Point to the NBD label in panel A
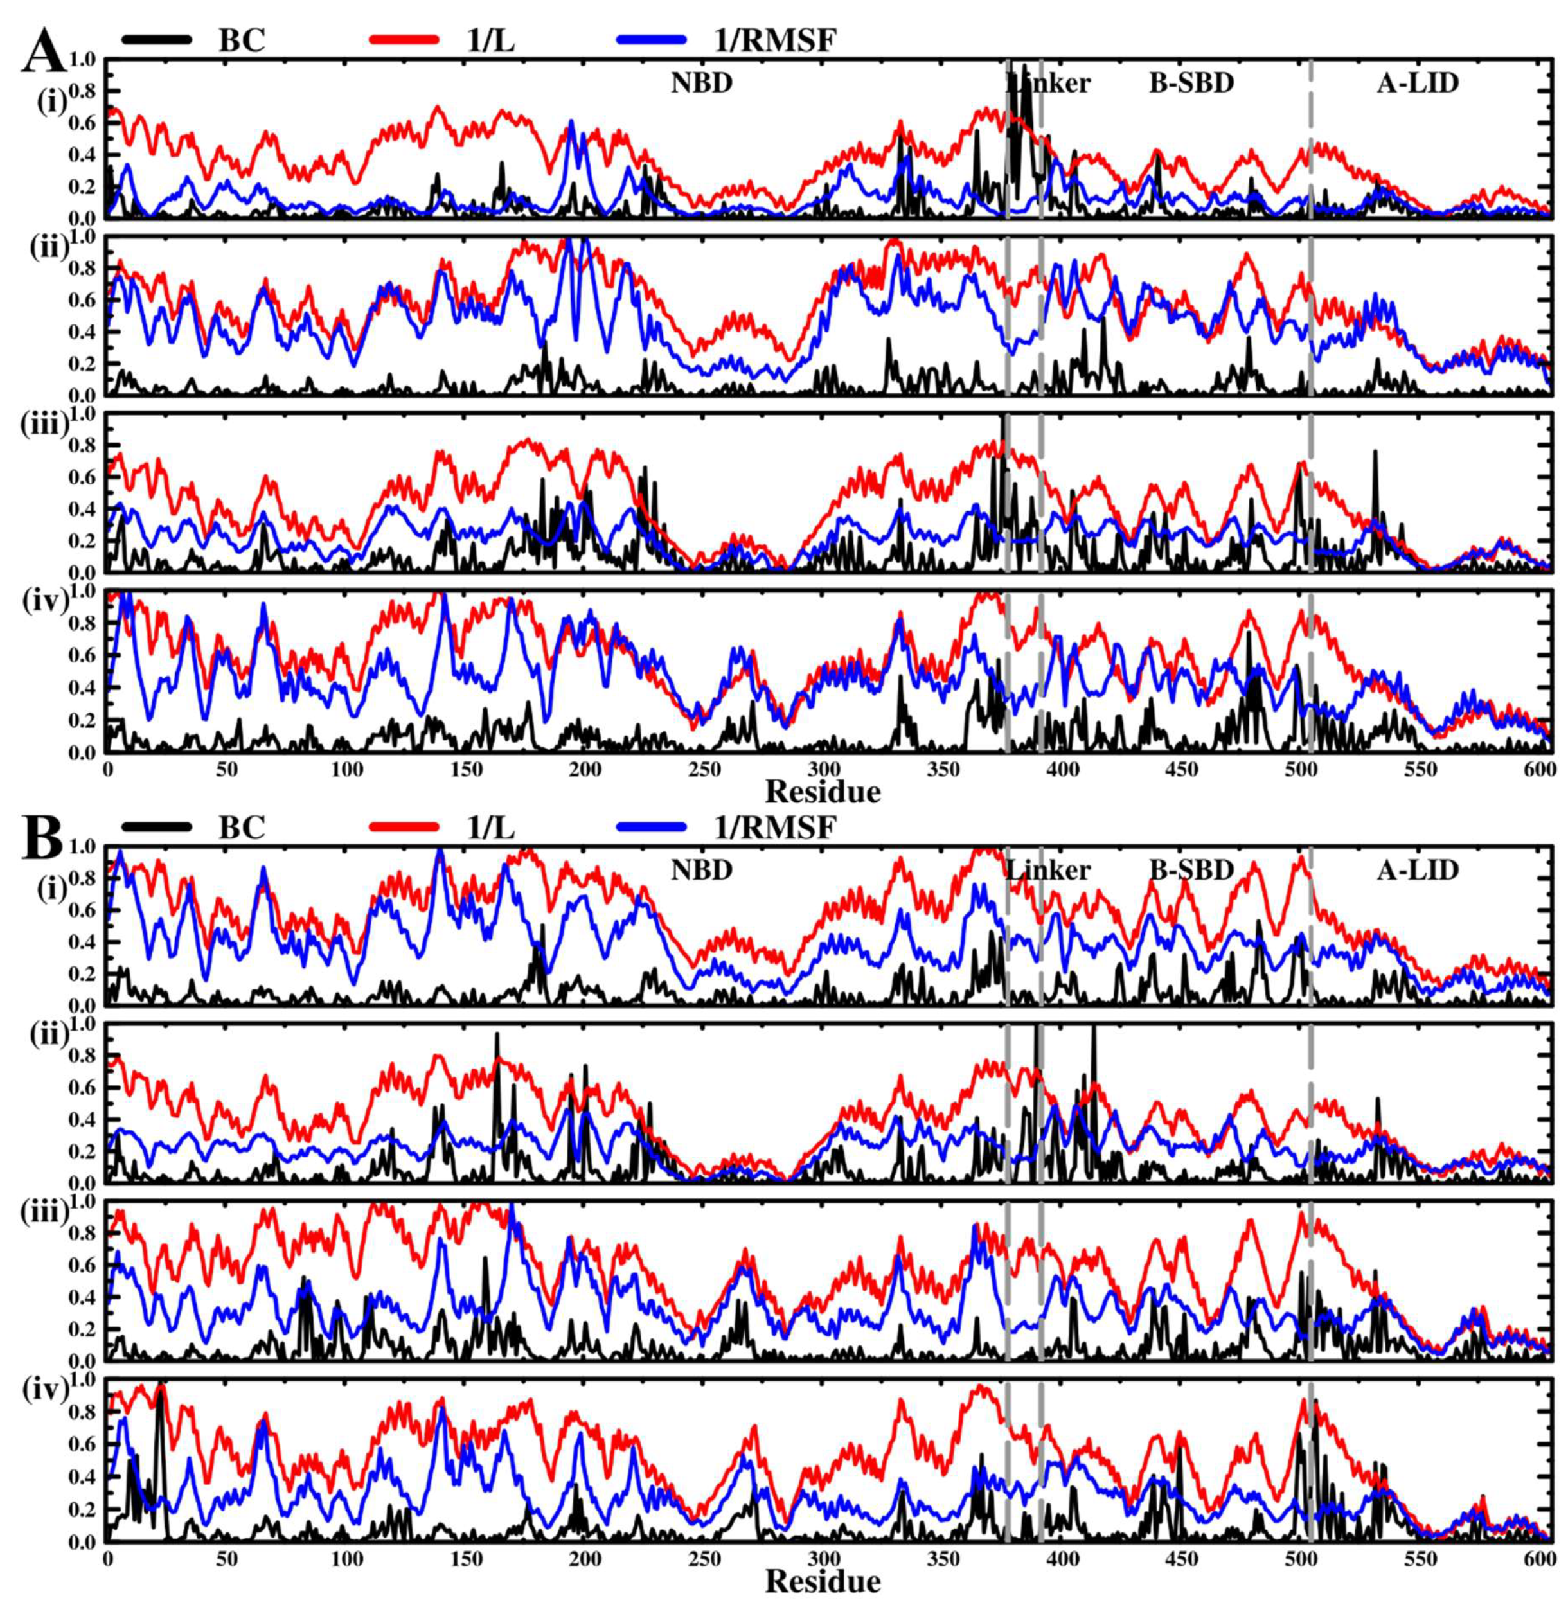701,83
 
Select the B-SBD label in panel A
1191,83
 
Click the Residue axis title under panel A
823,792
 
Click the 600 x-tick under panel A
1538,770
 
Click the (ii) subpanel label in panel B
47,1034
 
